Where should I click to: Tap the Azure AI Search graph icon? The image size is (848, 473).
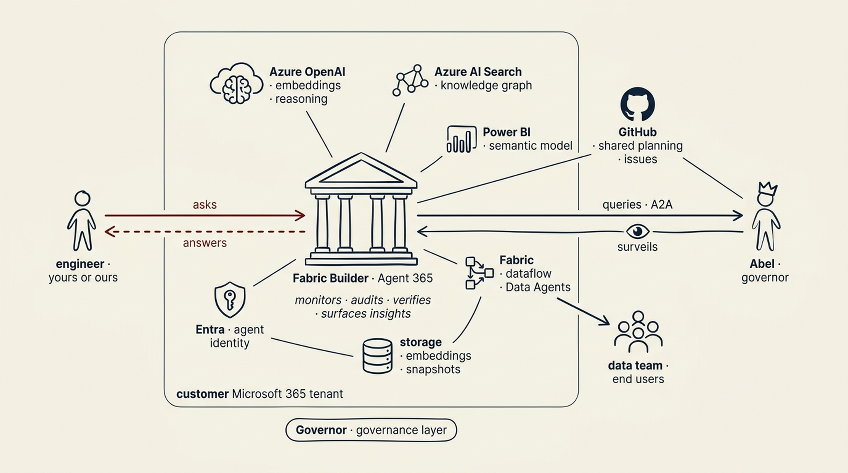[410, 80]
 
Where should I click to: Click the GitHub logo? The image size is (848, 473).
[637, 104]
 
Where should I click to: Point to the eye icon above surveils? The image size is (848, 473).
[637, 231]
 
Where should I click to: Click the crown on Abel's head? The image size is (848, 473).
[767, 188]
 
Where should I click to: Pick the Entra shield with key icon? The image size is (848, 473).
[230, 299]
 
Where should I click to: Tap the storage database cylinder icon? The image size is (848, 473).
[377, 356]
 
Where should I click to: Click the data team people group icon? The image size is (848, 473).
[638, 332]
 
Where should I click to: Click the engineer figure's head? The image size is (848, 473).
[82, 199]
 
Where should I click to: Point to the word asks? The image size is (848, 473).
[205, 204]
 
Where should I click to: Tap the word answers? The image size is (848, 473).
[205, 243]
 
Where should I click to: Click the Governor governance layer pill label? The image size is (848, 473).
[371, 430]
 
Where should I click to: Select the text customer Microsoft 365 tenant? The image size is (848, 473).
[260, 394]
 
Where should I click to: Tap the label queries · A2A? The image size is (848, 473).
[637, 204]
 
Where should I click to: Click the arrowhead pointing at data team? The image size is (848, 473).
[605, 321]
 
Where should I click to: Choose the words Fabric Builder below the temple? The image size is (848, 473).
[330, 278]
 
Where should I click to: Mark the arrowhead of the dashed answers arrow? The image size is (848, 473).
[108, 232]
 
